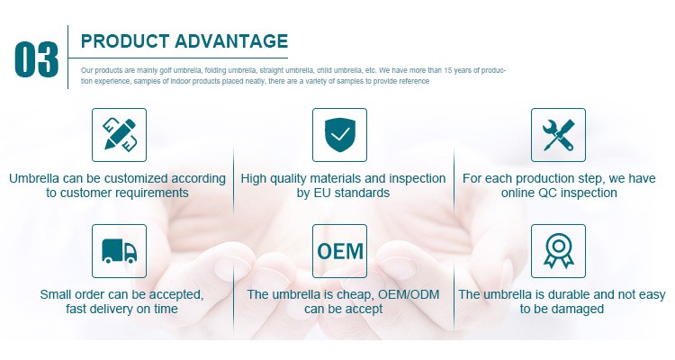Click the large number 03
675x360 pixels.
tap(36, 59)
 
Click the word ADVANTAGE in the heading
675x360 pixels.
tap(231, 41)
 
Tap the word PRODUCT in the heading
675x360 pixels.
tap(125, 41)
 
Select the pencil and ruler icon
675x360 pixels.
tap(119, 135)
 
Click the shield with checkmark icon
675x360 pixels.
tap(339, 135)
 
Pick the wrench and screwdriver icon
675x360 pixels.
tap(558, 135)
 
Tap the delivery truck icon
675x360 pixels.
tap(119, 251)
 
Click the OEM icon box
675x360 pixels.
tap(339, 251)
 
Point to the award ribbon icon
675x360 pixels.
tap(558, 251)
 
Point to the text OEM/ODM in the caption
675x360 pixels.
tap(409, 294)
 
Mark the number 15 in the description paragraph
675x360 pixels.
tap(447, 70)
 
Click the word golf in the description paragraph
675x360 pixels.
tap(166, 70)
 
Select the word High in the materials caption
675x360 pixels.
tap(254, 178)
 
